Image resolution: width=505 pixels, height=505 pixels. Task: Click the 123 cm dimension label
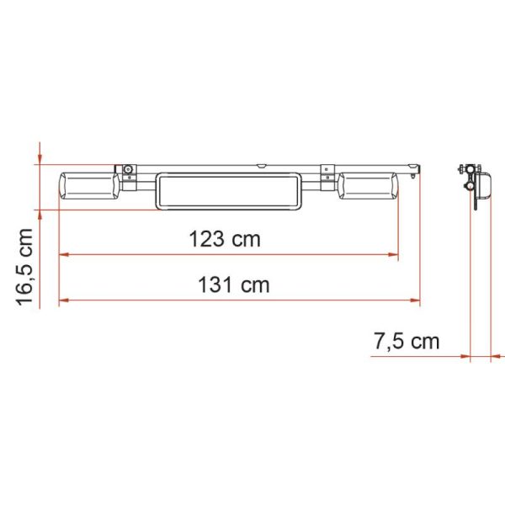[225, 239]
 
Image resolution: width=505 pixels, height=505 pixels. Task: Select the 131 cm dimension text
[233, 285]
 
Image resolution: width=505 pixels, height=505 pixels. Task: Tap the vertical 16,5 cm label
[24, 267]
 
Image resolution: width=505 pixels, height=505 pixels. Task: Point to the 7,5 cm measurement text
[407, 341]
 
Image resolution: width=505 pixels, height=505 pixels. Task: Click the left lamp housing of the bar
[89, 186]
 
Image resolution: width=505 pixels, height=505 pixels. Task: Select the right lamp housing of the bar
[368, 186]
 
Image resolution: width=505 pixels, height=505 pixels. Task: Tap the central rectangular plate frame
[228, 191]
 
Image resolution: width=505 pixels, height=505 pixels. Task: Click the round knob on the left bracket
[128, 169]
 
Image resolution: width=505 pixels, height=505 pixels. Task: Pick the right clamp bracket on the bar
[327, 178]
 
